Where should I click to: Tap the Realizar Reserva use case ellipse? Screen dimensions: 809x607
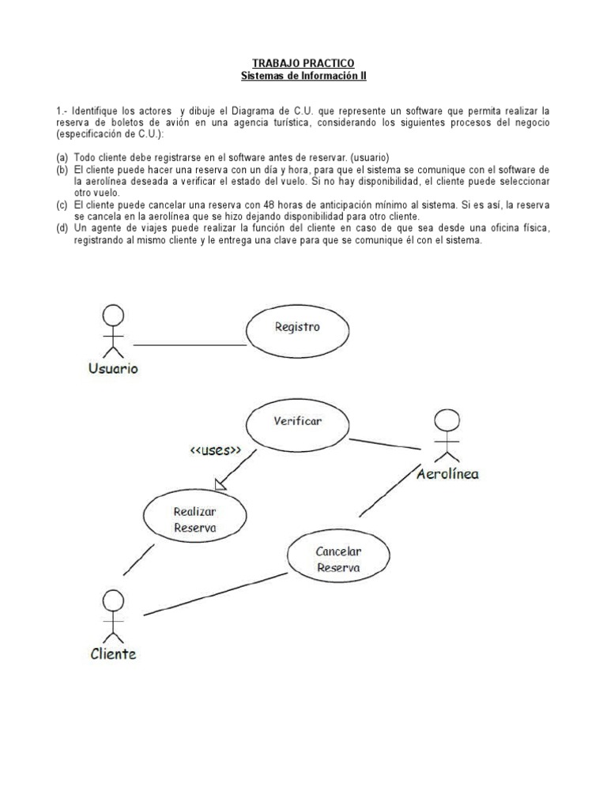(x=194, y=518)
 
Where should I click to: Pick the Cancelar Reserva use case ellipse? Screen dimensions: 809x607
(x=337, y=559)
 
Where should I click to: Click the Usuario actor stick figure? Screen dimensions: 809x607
(x=114, y=333)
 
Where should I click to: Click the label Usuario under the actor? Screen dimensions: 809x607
(x=113, y=369)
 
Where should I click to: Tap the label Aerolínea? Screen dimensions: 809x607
(x=447, y=474)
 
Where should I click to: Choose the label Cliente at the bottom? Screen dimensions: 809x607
(x=112, y=653)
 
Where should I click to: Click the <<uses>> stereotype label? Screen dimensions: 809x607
(x=214, y=450)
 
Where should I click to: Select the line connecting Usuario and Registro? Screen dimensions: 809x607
(x=190, y=345)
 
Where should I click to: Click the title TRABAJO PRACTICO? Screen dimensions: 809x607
(x=303, y=63)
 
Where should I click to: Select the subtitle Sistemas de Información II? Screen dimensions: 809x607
(x=303, y=77)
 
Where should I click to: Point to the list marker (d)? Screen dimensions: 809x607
(x=62, y=228)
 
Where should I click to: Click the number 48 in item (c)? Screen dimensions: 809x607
(x=250, y=205)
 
